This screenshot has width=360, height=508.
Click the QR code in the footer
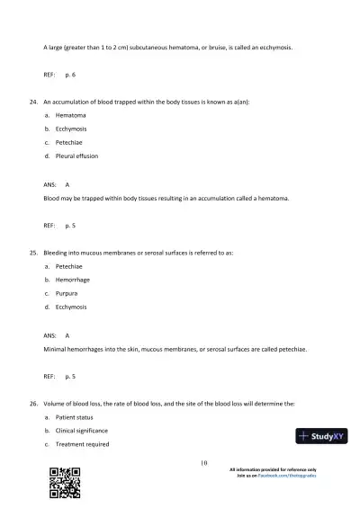(65, 483)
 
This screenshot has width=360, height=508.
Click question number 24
(34, 102)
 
